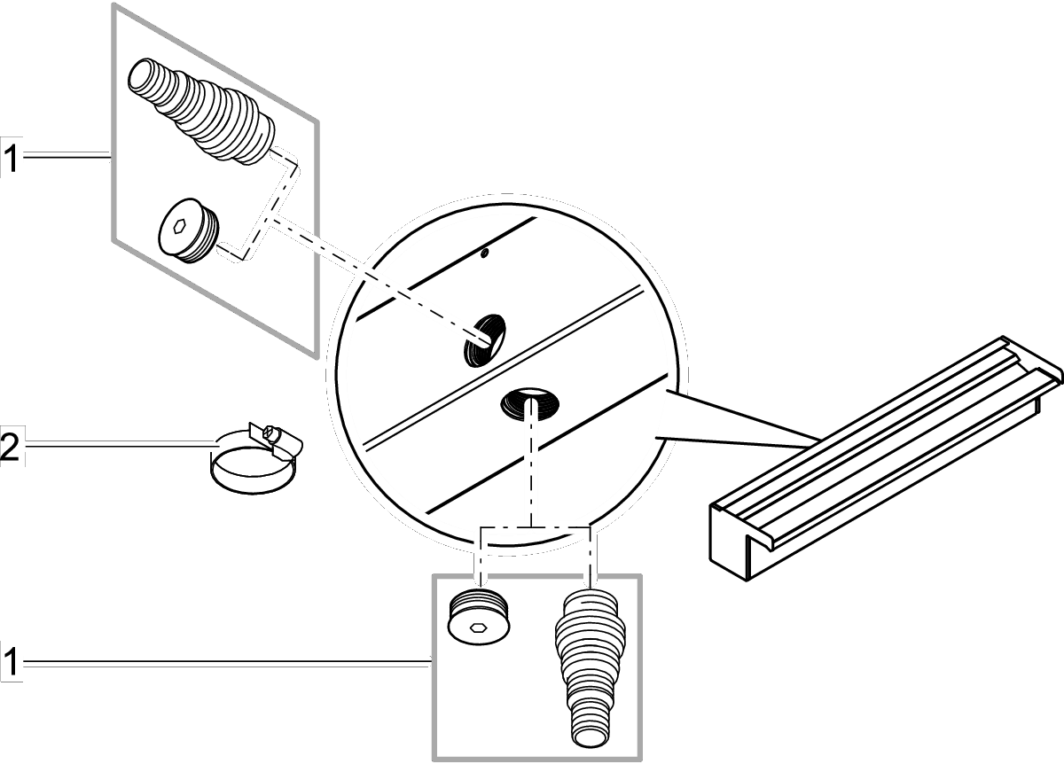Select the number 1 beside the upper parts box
[10, 160]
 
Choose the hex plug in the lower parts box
[479, 616]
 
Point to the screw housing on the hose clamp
[271, 434]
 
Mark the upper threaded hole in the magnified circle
[484, 339]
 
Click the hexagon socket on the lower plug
[478, 628]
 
